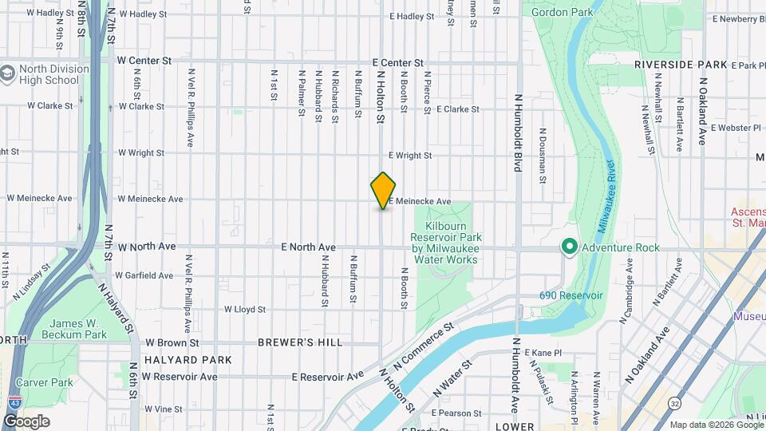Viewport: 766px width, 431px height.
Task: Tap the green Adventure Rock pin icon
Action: [569, 247]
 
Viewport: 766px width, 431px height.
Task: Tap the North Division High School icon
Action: [10, 73]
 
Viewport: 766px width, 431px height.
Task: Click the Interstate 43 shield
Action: [13, 404]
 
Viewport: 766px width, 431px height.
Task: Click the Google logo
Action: [26, 421]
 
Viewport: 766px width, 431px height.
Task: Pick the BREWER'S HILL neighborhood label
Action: [300, 342]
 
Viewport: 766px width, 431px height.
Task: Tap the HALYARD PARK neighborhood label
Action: [188, 360]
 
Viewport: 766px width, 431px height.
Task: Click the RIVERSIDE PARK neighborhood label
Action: [681, 64]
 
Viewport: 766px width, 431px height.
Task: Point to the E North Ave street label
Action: [308, 247]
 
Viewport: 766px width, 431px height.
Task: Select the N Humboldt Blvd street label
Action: [518, 132]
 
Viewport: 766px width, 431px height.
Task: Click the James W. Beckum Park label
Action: [62, 329]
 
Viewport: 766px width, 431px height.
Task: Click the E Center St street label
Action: [397, 62]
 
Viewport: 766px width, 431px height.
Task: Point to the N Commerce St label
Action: [423, 344]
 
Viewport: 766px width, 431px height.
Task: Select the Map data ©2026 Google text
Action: [716, 424]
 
